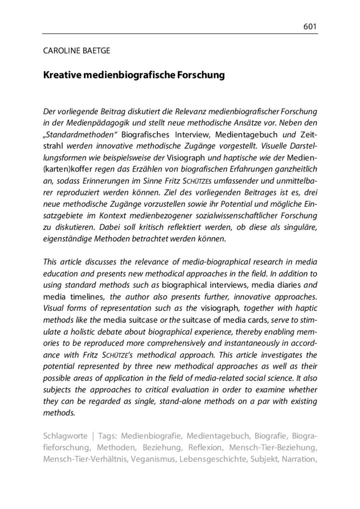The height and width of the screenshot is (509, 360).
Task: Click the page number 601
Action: point(310,26)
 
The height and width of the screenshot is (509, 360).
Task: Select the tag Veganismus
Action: point(154,459)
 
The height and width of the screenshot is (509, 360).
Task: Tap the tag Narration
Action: point(298,459)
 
